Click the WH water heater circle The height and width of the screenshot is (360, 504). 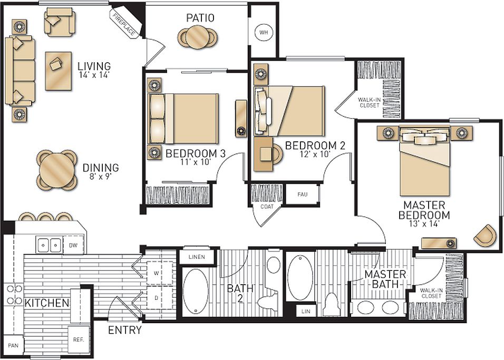coord(263,33)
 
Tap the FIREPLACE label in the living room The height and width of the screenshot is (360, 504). coord(123,24)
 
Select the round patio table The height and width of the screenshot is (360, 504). coord(199,37)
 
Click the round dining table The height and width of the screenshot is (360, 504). coord(56,170)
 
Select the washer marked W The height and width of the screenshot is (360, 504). coord(156,274)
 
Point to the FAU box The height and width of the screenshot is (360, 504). coord(302,194)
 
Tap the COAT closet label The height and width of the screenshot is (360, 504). coord(266,206)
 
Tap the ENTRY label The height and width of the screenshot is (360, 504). coord(125,330)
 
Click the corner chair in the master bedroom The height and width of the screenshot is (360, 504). coord(484,235)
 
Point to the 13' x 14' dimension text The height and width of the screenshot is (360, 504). coord(424,224)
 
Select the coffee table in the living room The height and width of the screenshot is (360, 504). coord(58,71)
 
